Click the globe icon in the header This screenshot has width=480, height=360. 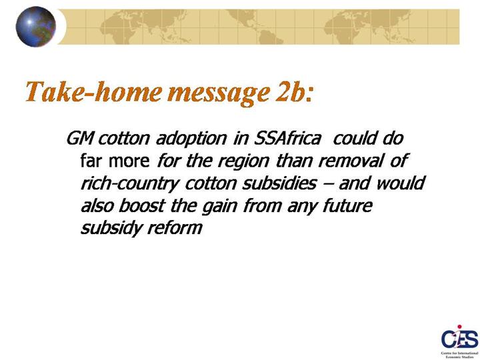(36, 27)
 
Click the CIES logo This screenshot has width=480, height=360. (459, 341)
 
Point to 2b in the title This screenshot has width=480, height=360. (289, 91)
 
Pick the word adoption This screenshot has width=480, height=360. (191, 139)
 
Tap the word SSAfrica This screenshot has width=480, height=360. (288, 139)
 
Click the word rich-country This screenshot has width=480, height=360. (129, 184)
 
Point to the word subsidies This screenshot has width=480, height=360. (279, 183)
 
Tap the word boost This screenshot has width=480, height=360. (142, 205)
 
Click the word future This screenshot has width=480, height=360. (348, 205)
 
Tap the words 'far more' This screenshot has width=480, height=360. (115, 161)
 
